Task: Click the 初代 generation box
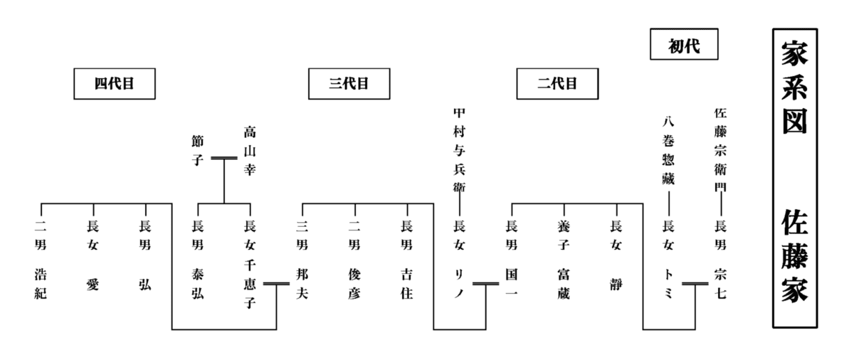click(x=684, y=46)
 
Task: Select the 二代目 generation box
click(x=557, y=84)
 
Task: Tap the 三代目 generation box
click(x=349, y=84)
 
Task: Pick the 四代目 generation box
click(x=115, y=84)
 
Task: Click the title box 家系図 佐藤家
click(x=794, y=178)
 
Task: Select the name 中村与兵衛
click(x=459, y=149)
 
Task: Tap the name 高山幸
click(x=250, y=150)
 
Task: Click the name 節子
click(x=197, y=150)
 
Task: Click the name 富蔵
click(x=564, y=283)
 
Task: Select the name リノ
click(x=459, y=283)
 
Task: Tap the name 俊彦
click(x=354, y=283)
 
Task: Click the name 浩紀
click(x=41, y=283)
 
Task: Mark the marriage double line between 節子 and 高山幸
click(x=223, y=158)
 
